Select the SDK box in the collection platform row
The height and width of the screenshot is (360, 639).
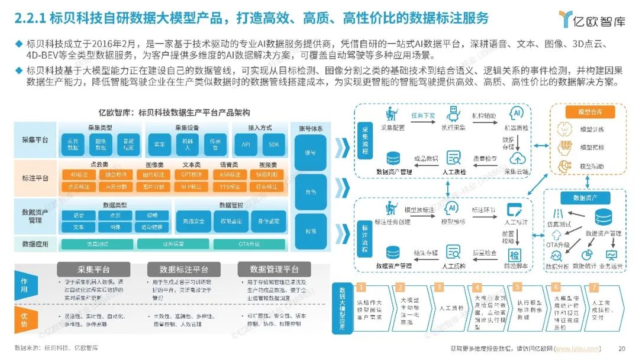pos(273,144)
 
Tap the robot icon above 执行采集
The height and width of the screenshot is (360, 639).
pos(454,114)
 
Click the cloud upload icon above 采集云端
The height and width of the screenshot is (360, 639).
pos(518,158)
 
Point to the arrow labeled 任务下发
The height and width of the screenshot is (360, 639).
pos(422,114)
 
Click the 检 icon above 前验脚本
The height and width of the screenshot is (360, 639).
pos(514,255)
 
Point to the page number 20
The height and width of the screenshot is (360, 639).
pos(621,348)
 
